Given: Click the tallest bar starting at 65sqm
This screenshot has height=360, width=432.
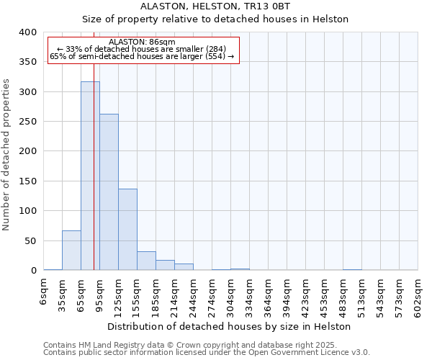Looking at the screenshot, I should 90,176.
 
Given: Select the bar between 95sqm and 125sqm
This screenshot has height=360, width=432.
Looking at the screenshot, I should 109,192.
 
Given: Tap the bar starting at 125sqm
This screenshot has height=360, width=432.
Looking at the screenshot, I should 127,230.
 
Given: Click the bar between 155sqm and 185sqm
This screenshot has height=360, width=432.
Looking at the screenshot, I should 146,261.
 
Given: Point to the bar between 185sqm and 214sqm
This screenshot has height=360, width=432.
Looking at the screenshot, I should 165,265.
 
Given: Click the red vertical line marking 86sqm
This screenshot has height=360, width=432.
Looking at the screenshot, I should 94,144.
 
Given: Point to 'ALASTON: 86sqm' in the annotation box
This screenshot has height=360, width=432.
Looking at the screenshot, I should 142,42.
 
